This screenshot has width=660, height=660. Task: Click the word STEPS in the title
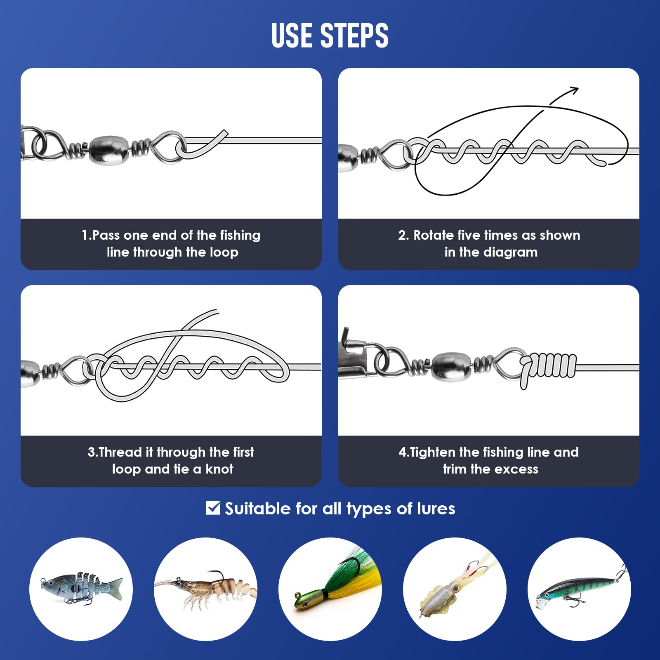click(354, 35)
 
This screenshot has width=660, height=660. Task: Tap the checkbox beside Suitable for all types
click(213, 508)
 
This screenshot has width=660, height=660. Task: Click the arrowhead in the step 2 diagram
click(573, 90)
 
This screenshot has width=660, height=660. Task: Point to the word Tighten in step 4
click(432, 453)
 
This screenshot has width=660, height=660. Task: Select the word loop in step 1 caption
click(224, 252)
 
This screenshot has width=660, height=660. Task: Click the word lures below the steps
click(436, 509)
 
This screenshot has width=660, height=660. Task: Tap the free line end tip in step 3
click(217, 311)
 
